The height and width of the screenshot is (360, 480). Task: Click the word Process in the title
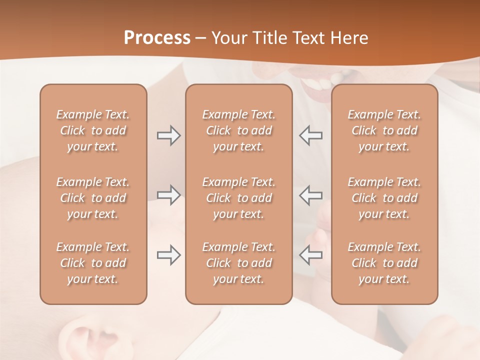point(157,38)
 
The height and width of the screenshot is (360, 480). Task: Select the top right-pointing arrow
point(168,135)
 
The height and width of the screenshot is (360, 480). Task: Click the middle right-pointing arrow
point(168,195)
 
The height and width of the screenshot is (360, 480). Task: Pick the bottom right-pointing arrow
point(168,255)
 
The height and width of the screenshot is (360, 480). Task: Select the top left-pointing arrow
point(311,135)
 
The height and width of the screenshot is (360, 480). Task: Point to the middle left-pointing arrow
point(311,195)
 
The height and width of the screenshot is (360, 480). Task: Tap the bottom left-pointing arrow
point(311,255)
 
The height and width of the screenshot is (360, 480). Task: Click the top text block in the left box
point(93,130)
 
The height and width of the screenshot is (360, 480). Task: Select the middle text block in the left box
point(93,198)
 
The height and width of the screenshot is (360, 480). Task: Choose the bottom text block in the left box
point(93,263)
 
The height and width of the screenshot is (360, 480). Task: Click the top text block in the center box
point(238,130)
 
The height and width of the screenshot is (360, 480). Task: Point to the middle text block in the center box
point(238,198)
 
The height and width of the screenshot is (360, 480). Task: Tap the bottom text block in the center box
point(238,263)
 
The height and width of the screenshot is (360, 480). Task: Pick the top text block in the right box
point(384,130)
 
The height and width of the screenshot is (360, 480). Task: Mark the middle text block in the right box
point(384,198)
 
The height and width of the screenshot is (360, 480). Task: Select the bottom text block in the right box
point(384,263)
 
